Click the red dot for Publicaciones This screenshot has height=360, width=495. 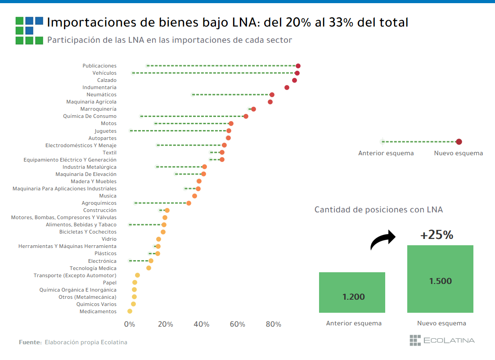point(298,66)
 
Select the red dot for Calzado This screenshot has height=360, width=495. point(294,80)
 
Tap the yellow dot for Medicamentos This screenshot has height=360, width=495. point(130,311)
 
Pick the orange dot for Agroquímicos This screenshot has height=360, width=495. point(189,203)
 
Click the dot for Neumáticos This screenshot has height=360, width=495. point(272,94)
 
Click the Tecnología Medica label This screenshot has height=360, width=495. point(93,268)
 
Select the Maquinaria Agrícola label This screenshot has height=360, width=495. point(91,102)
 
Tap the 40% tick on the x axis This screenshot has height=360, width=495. point(202,324)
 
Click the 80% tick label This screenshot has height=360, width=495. point(274,324)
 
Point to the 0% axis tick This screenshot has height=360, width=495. point(130,324)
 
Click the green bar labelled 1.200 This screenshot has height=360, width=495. point(352,292)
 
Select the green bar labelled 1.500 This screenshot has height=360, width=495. point(440,279)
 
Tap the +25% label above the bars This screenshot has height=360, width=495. point(436,235)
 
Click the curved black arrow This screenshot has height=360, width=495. point(382,240)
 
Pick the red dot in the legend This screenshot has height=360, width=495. point(459,142)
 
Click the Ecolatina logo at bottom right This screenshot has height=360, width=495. point(441,340)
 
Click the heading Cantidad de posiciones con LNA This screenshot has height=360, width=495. point(378,210)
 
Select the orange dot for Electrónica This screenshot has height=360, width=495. point(151,261)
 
